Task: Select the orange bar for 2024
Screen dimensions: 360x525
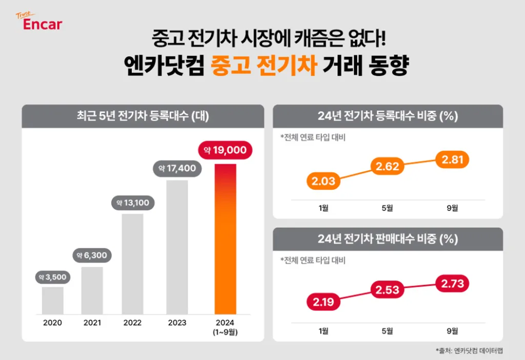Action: [x=225, y=238]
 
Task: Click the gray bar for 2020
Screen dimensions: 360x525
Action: [x=52, y=300]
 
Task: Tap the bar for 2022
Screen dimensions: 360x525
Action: [x=132, y=264]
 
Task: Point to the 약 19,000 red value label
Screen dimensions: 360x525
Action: [x=225, y=150]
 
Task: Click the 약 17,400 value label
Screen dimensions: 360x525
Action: [x=177, y=168]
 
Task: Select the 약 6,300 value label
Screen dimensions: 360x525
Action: [x=92, y=255]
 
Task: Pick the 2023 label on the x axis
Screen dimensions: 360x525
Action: [x=177, y=323]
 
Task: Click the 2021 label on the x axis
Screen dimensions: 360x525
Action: [x=92, y=323]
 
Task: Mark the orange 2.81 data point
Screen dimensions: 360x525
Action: [x=452, y=160]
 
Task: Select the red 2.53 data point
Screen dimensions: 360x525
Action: [x=387, y=290]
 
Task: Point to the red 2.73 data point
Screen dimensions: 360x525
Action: [x=452, y=284]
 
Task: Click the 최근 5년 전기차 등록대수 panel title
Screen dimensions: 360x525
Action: [x=143, y=116]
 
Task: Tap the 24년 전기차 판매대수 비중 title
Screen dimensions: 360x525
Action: [x=387, y=239]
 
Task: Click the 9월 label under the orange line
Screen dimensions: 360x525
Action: [x=452, y=208]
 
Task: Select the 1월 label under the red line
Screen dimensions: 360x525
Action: [x=324, y=331]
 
